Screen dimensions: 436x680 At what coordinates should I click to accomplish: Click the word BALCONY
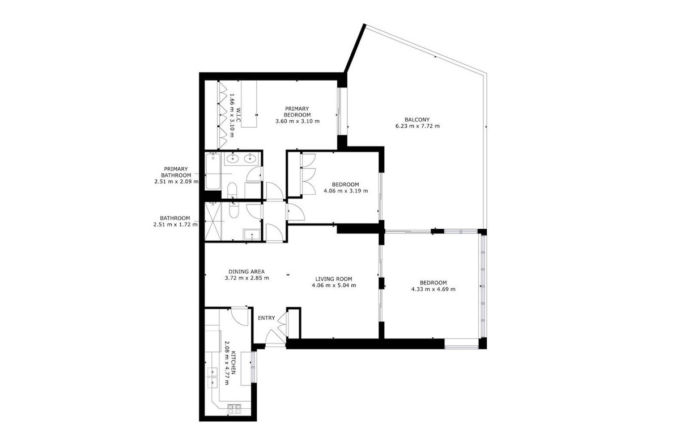point(417,119)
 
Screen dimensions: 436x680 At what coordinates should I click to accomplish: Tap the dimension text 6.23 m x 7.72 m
point(417,126)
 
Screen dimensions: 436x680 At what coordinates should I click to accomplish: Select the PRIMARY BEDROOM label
point(297,111)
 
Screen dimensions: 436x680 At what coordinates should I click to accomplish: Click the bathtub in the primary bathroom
point(214,170)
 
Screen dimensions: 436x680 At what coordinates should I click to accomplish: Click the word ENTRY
point(266,318)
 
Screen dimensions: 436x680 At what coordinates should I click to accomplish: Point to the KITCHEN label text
point(232,363)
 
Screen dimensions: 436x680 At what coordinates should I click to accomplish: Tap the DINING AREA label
point(246,271)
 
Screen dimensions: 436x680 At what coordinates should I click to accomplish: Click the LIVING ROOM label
point(334,279)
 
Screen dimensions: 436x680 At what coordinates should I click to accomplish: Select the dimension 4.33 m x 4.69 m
point(433,289)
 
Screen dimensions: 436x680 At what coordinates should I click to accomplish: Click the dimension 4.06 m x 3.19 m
point(345,191)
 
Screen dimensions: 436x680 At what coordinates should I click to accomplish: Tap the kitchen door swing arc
point(240,318)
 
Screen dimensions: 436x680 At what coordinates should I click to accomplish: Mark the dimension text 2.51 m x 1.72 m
point(176,224)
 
